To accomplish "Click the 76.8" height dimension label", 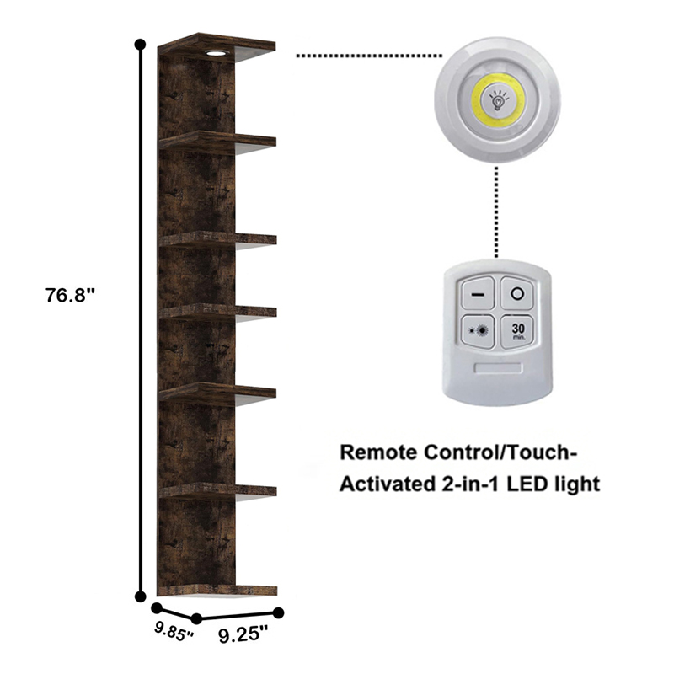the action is click(x=70, y=296).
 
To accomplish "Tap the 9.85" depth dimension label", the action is click(x=174, y=631).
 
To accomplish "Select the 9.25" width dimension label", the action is click(x=243, y=634).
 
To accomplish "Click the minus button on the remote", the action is click(x=478, y=294).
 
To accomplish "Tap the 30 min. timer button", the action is click(x=517, y=331).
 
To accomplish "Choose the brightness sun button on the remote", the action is click(x=478, y=330).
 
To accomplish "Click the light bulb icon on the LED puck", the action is click(x=498, y=100).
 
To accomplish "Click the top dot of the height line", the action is click(x=140, y=44).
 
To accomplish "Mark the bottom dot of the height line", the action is click(x=140, y=596).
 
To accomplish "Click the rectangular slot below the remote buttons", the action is click(x=498, y=368).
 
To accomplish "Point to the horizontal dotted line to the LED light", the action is click(x=369, y=56).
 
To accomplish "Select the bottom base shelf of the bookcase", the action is click(x=217, y=591).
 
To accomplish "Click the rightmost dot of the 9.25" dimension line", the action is click(x=279, y=613).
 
